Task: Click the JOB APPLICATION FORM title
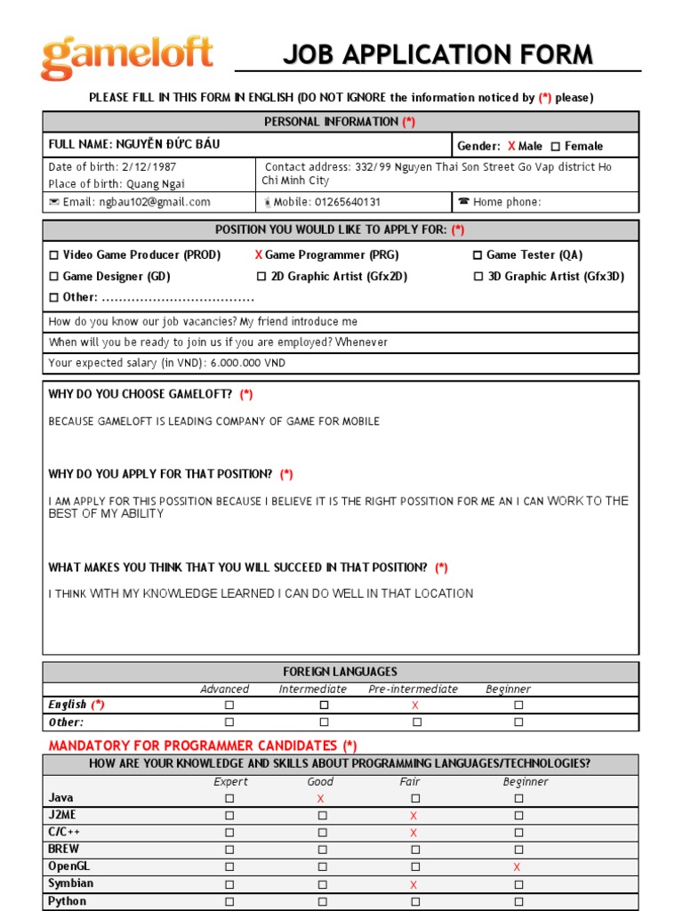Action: coord(438,55)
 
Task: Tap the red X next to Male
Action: coord(511,146)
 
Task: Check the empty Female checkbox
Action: coord(556,147)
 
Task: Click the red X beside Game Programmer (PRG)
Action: coord(259,255)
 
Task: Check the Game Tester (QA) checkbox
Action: coord(478,255)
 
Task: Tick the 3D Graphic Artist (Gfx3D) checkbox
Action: coord(479,277)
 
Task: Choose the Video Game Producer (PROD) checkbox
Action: coord(54,255)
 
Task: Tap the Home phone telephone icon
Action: coord(463,202)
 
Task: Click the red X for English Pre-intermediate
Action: coord(414,705)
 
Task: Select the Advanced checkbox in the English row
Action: coord(229,705)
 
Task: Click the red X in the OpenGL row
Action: coord(517,867)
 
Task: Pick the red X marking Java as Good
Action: coord(321,799)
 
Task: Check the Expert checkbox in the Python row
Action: coord(229,901)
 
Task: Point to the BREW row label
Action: coord(64,849)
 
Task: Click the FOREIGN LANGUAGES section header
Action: coord(340,672)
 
